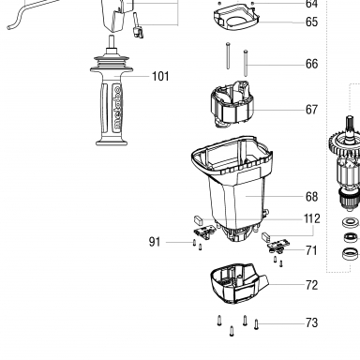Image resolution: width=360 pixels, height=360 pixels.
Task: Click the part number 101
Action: (x=160, y=76)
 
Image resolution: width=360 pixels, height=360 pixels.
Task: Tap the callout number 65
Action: (x=311, y=22)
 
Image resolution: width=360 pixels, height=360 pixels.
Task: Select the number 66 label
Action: (x=311, y=64)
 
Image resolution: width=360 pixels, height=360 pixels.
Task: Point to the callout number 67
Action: (x=311, y=110)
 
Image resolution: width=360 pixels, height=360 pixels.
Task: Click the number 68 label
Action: (x=311, y=197)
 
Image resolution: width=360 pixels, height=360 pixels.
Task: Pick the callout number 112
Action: (x=312, y=218)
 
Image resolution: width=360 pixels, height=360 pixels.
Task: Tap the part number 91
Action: (x=155, y=242)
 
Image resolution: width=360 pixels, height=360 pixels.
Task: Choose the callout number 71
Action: (x=311, y=250)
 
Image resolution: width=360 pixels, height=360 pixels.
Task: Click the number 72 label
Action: (x=311, y=285)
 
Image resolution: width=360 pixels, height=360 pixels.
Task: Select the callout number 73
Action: (x=311, y=322)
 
